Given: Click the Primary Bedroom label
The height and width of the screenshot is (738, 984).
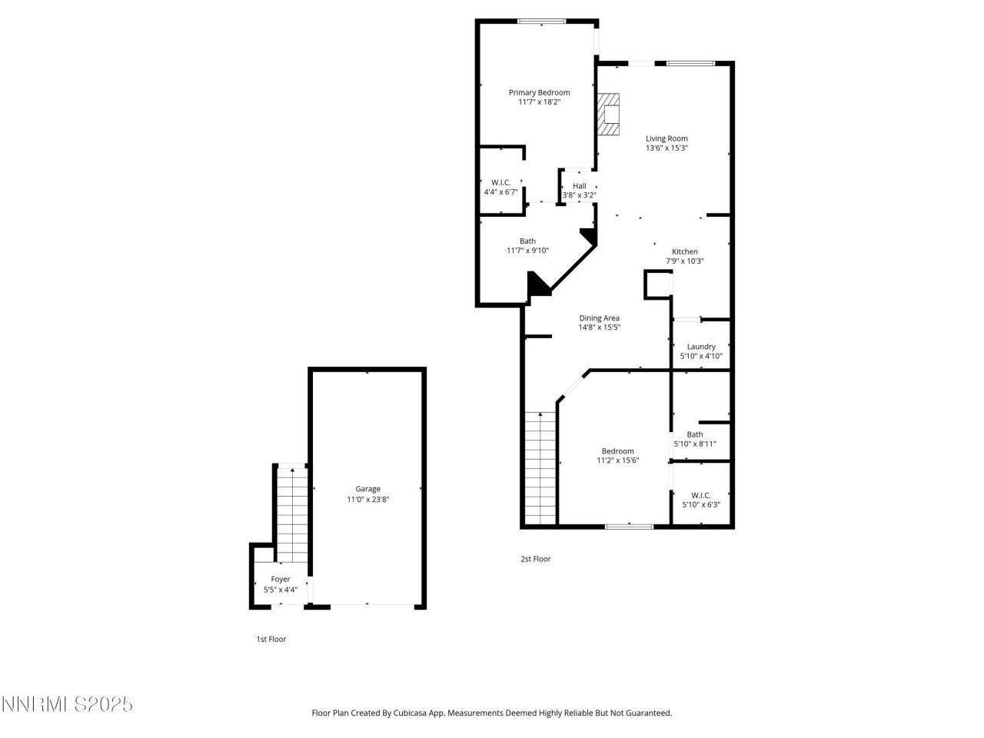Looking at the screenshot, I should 539,92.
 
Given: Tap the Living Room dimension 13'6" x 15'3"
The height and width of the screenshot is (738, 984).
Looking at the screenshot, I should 667,148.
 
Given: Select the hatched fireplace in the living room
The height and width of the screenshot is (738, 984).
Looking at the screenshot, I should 609,115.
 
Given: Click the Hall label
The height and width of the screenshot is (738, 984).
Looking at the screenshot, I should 579,186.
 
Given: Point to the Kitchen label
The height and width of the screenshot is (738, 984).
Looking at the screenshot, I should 685,251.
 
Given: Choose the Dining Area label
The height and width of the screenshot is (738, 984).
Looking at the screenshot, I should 599,317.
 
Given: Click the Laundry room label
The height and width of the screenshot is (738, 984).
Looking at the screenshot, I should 701,347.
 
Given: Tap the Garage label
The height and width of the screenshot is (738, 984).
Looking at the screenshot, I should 367,489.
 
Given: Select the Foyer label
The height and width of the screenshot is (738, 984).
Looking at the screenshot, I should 281,579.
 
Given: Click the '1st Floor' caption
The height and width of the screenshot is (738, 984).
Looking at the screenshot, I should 271,639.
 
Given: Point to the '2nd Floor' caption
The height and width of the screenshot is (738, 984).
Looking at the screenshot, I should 535,559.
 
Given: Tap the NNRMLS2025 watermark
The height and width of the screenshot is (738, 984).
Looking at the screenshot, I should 68,704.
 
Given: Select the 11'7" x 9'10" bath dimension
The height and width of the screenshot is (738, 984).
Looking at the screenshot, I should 527,251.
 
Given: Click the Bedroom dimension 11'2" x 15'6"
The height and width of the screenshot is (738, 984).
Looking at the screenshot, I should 618,460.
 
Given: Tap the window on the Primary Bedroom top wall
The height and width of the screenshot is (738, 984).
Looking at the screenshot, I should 541,22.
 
